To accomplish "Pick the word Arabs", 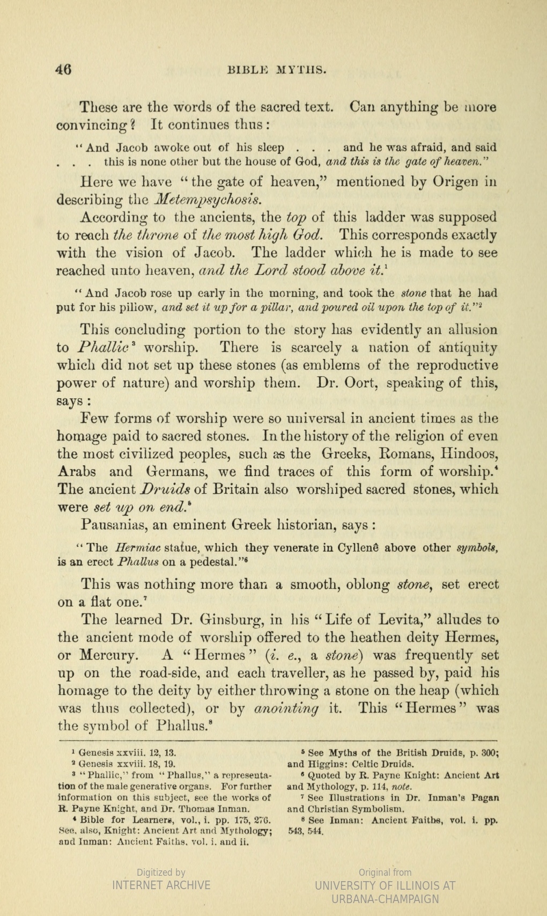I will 77,472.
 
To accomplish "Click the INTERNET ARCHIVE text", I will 161,885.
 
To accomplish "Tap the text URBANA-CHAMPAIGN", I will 385,899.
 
